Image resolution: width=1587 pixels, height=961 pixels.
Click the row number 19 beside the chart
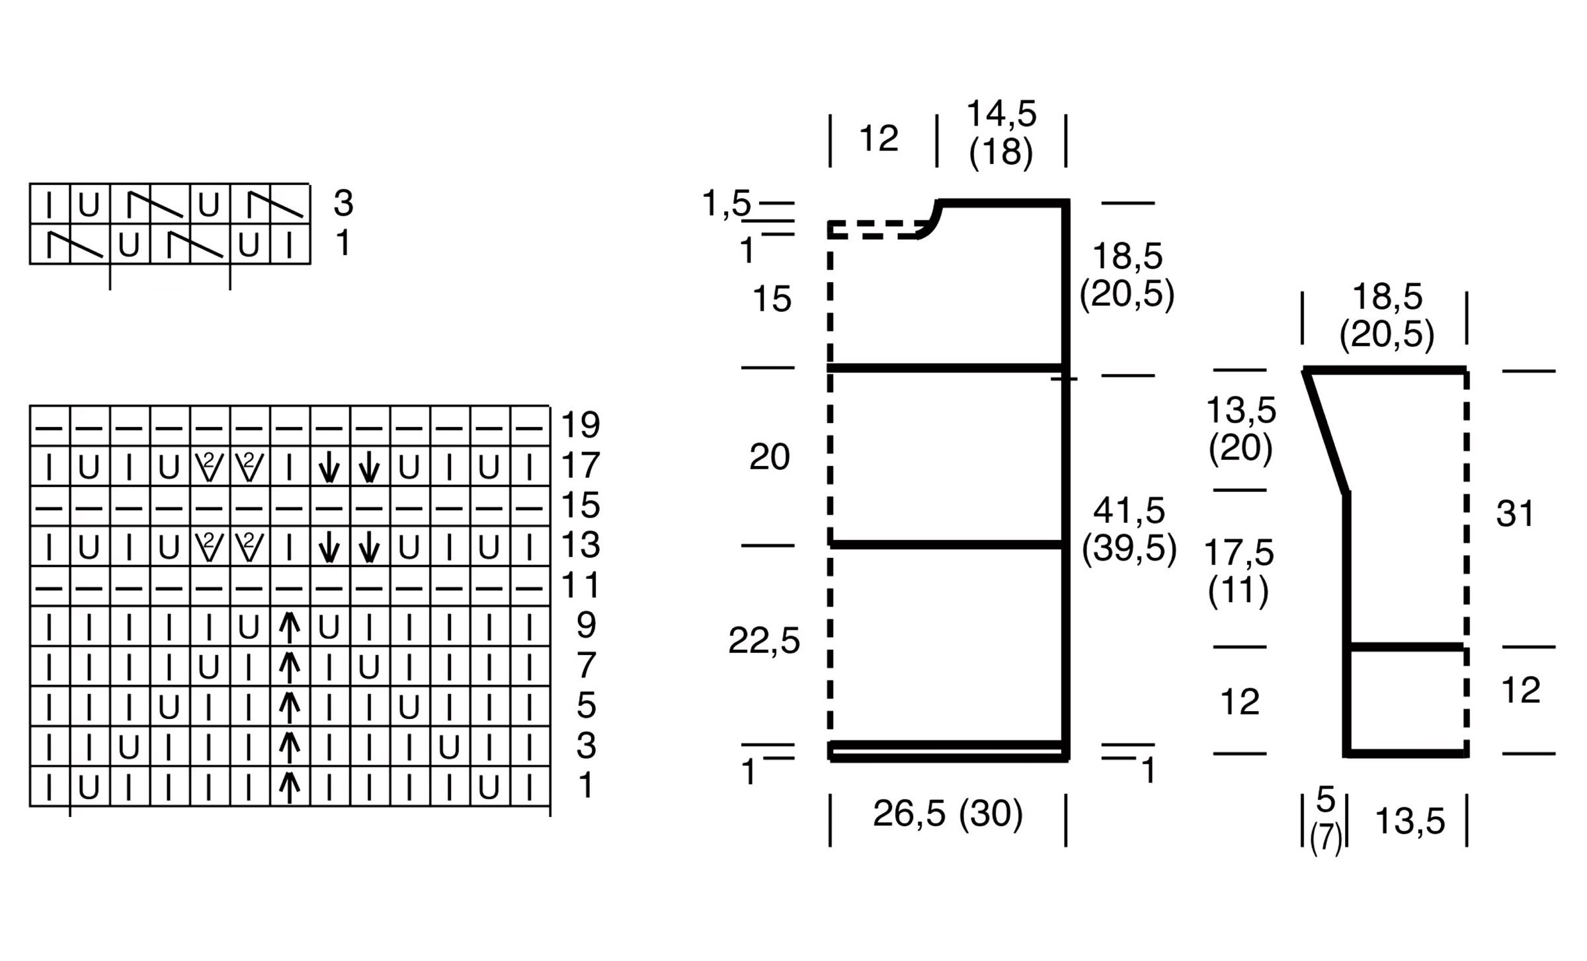580,425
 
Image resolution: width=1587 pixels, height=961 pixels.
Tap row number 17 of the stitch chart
580,465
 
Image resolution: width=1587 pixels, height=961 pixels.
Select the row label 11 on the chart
580,586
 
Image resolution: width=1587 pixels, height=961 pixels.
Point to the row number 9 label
586,625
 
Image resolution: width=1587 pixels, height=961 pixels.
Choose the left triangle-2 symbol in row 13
210,547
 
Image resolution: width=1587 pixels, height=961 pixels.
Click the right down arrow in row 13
369,547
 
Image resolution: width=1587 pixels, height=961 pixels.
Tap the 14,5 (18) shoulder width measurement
1001,132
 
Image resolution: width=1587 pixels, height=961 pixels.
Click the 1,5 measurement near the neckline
726,203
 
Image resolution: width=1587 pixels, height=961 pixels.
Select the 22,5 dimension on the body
764,640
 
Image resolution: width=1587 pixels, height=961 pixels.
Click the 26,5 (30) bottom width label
948,814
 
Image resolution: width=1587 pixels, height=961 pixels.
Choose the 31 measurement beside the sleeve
1515,514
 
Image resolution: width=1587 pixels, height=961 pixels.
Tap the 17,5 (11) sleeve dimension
1239,570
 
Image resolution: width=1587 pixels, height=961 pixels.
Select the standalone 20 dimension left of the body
769,457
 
